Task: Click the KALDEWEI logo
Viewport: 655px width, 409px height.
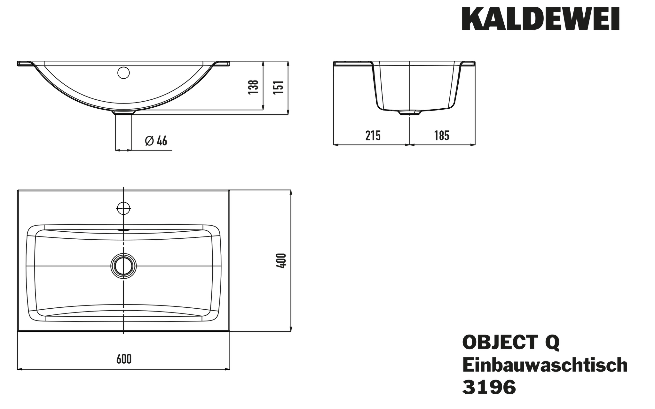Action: (x=541, y=19)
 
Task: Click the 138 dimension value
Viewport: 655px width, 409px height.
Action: (x=253, y=87)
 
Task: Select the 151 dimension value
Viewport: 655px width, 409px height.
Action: (x=279, y=87)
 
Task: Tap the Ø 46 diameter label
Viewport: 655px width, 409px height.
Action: (x=156, y=141)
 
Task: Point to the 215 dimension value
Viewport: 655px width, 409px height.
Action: (x=373, y=136)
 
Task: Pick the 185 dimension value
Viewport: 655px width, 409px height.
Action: (x=442, y=136)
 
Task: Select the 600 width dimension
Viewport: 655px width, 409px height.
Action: (x=124, y=359)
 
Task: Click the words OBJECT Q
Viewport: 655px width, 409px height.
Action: (x=511, y=343)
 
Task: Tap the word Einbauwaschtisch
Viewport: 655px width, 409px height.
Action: (x=545, y=365)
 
